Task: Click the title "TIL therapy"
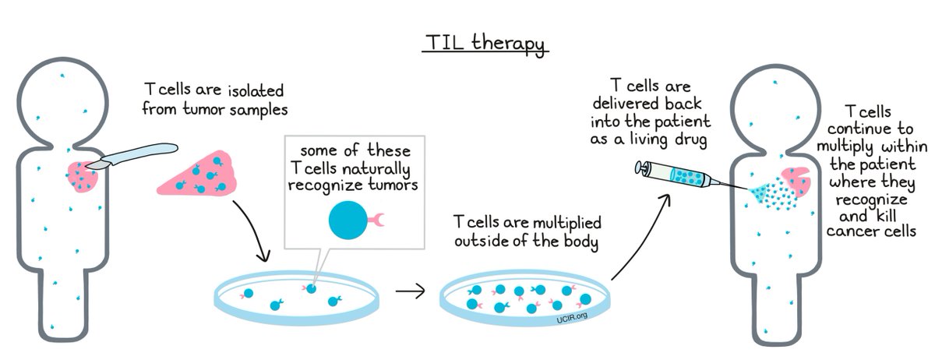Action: pyautogui.click(x=485, y=44)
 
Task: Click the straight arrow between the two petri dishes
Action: pyautogui.click(x=410, y=292)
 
